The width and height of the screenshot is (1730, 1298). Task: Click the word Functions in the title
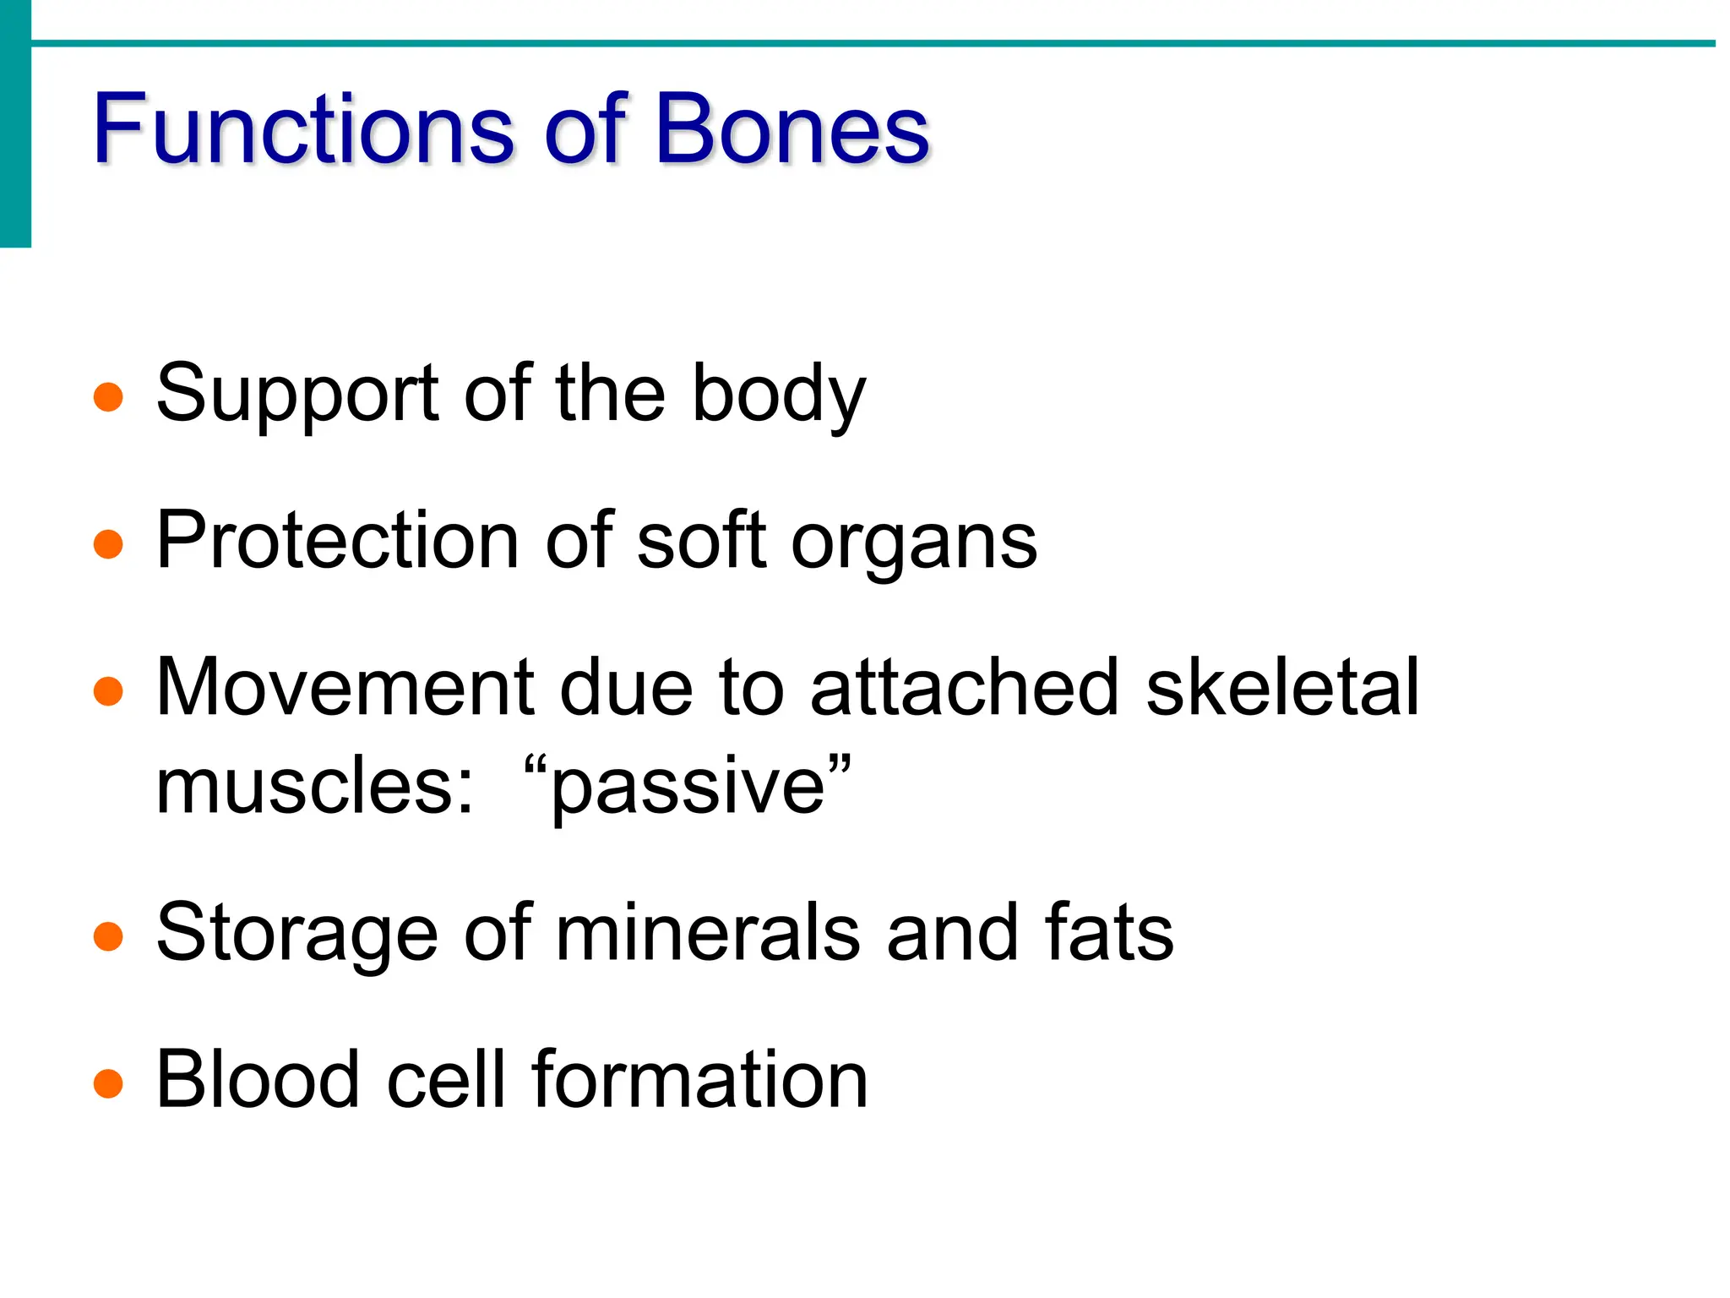302,129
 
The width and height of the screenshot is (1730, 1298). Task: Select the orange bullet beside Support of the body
108,396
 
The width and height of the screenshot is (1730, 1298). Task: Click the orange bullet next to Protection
108,543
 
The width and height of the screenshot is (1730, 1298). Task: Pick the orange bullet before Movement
108,690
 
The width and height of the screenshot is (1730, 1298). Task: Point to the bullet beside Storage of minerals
108,935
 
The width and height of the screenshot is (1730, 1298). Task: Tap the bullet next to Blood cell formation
108,1083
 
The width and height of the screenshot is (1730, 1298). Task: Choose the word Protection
337,541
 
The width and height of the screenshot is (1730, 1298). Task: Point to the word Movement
344,688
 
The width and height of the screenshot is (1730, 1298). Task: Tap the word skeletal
1282,688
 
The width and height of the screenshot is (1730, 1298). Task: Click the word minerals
707,933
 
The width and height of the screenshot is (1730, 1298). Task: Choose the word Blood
258,1080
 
